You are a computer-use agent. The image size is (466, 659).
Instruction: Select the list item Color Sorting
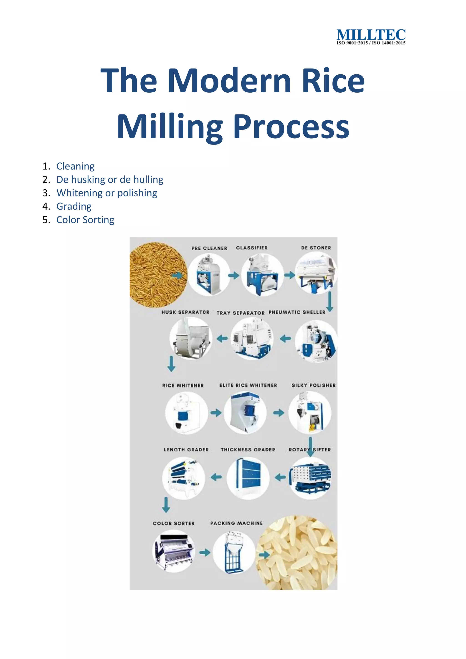85,220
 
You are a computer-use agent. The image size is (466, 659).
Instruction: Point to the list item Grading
74,206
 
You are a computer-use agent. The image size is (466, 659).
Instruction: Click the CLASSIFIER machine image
262,275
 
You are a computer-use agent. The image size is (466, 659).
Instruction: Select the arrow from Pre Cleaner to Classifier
234,276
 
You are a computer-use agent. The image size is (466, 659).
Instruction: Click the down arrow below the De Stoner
330,301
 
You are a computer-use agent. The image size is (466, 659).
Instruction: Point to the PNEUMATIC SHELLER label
297,312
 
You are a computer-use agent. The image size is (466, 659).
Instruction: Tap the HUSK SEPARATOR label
185,312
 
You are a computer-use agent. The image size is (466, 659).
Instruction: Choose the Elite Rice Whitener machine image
245,413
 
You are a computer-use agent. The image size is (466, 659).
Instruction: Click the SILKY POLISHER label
313,385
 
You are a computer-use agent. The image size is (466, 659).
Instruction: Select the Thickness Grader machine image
248,478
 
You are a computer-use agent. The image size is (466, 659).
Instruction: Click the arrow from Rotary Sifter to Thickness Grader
280,478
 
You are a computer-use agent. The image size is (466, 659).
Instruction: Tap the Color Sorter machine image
174,551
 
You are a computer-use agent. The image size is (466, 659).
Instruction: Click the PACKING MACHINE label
236,523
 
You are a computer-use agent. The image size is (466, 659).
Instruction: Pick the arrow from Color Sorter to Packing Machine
205,552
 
